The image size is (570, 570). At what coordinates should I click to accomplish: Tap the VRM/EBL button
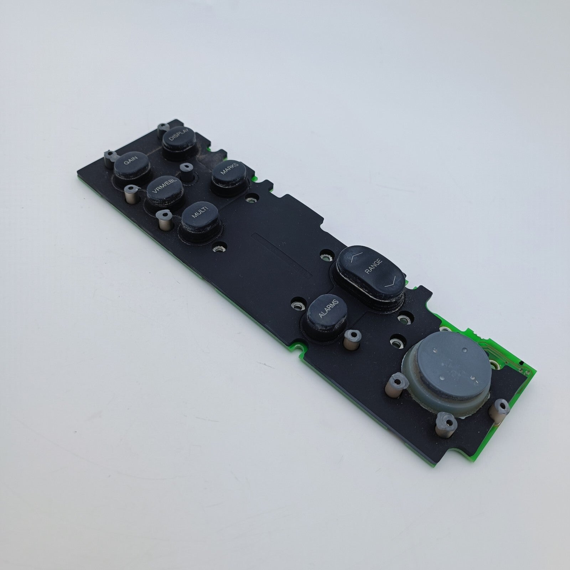(x=165, y=191)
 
